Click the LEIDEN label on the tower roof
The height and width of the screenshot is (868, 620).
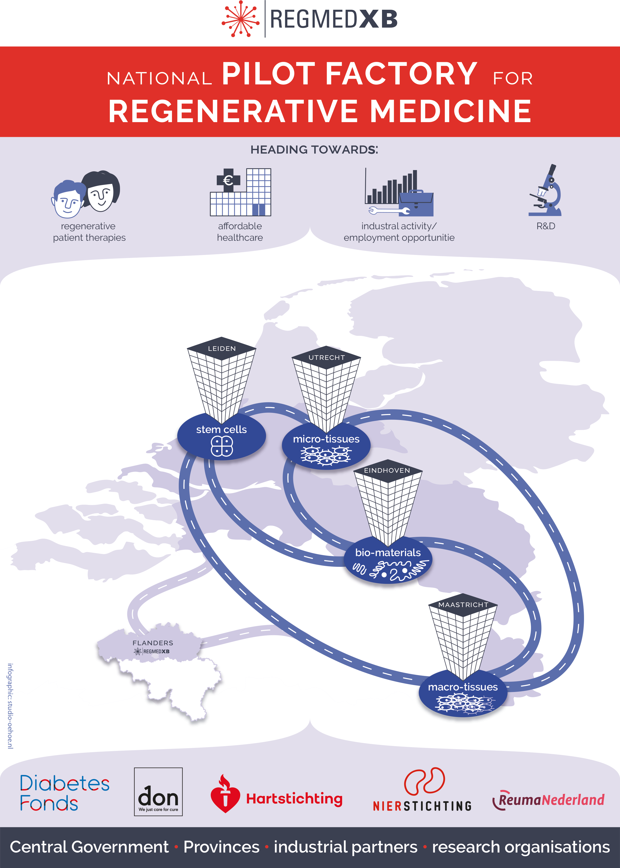pyautogui.click(x=222, y=349)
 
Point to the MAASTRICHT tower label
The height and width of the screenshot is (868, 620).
pyautogui.click(x=463, y=605)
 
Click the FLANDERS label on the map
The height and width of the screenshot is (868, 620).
pyautogui.click(x=153, y=643)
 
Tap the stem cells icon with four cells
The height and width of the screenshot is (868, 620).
pyautogui.click(x=222, y=446)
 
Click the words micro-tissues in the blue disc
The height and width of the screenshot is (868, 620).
pyautogui.click(x=326, y=439)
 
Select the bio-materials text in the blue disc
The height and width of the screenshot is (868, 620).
pyautogui.click(x=388, y=553)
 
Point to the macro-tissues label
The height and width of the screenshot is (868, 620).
pyautogui.click(x=463, y=687)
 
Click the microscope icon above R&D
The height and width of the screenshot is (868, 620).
pyautogui.click(x=545, y=191)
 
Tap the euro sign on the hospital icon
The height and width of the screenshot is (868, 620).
pyautogui.click(x=228, y=180)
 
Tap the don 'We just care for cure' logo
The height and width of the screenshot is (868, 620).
pyautogui.click(x=158, y=792)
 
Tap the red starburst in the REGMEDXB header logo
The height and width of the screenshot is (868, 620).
pyautogui.click(x=240, y=19)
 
